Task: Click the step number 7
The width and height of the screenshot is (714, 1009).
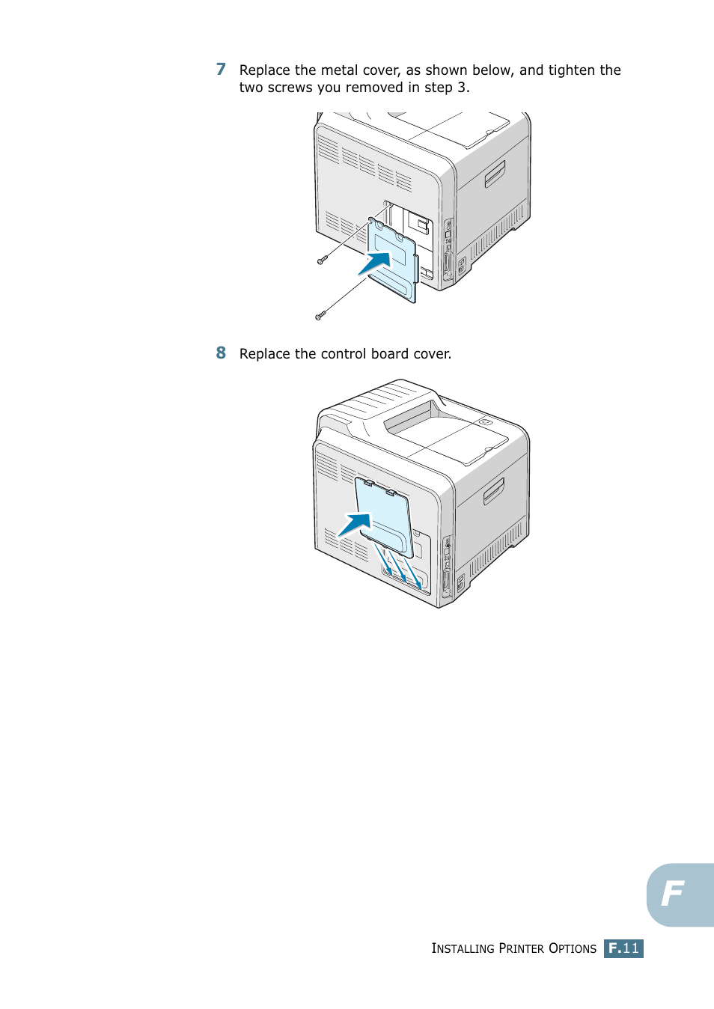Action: tap(221, 70)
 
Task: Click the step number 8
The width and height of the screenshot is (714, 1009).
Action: tap(221, 353)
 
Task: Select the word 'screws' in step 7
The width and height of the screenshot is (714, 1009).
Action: tap(290, 88)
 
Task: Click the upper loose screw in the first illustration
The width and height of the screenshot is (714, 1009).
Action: tap(321, 260)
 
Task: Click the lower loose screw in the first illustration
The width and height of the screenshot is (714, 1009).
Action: tap(320, 316)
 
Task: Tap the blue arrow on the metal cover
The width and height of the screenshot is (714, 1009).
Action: tap(376, 263)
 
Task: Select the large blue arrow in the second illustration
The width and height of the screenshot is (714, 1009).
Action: tap(356, 524)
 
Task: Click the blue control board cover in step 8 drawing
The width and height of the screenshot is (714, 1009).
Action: tap(385, 516)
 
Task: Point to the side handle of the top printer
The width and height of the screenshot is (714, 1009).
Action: tap(495, 174)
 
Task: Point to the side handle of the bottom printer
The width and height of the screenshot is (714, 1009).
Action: tap(494, 491)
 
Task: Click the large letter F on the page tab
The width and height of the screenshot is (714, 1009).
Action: tap(673, 893)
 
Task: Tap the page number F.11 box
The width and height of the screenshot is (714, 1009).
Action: tap(623, 948)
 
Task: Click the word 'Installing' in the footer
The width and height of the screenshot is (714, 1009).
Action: tap(463, 948)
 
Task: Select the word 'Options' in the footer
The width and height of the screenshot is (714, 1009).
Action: tap(573, 948)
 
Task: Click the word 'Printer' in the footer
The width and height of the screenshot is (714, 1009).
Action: tap(521, 948)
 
